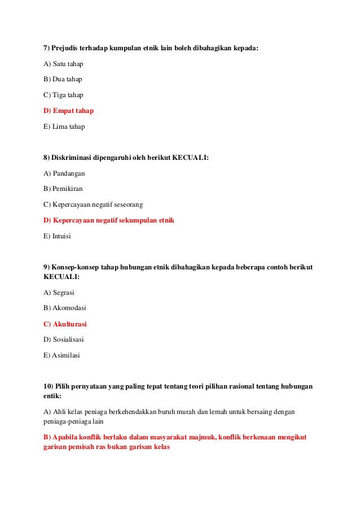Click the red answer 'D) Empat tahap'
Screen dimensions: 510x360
tap(68, 111)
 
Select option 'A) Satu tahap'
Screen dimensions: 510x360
tap(63, 64)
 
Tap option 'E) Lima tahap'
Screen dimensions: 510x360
tap(64, 127)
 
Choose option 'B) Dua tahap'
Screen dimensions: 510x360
tap(63, 79)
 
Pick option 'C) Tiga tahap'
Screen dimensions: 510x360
tap(63, 95)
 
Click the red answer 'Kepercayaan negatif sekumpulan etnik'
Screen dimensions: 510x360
tap(113, 220)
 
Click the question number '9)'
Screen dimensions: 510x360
tap(47, 267)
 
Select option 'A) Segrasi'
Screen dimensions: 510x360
tap(59, 293)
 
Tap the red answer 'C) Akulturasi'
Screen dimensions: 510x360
tap(65, 324)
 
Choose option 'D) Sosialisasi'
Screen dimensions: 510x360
tap(63, 340)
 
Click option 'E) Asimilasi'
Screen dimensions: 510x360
tap(62, 356)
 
